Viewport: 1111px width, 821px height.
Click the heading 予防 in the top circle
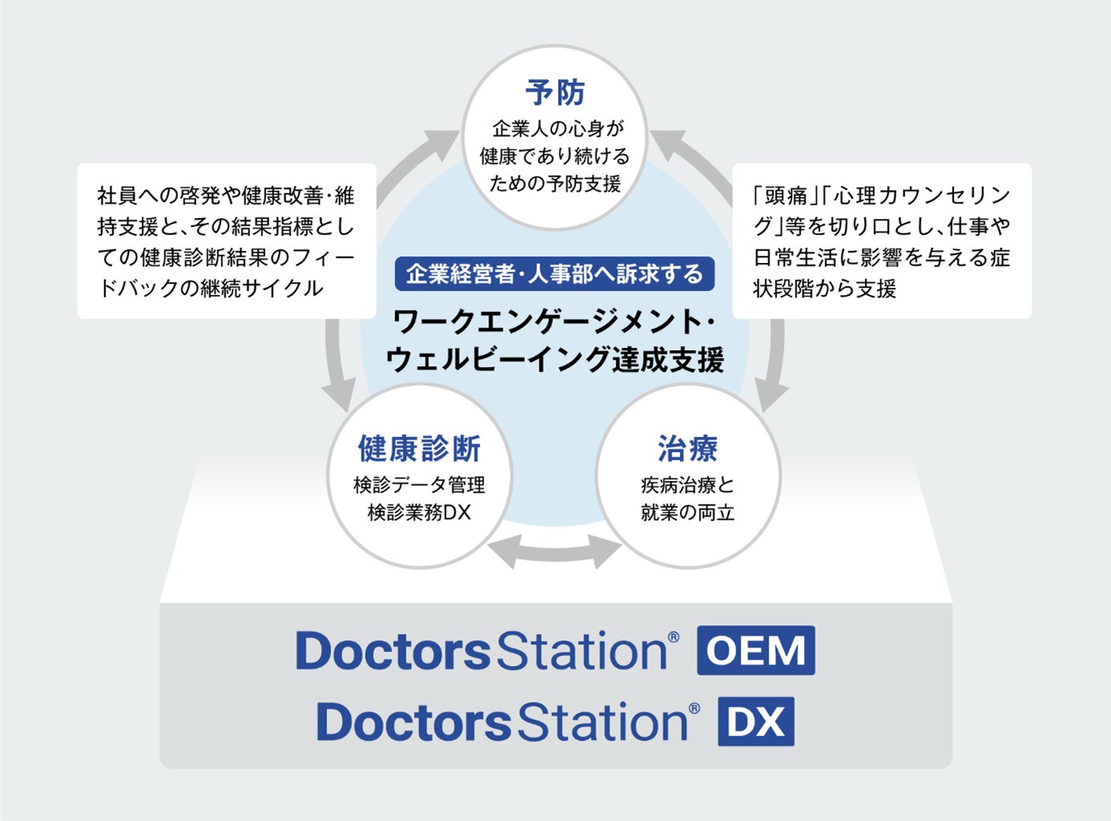555,93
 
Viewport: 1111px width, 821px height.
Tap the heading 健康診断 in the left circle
419,449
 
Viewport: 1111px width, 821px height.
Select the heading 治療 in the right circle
688,449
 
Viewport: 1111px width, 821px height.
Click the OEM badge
756,650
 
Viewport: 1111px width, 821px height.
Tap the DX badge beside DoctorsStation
756,722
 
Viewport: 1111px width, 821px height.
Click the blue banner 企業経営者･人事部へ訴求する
555,274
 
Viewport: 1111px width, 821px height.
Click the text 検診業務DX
419,512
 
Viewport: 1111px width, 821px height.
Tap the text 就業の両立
688,512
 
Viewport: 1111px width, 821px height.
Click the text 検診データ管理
419,484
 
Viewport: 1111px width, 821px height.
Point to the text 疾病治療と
688,484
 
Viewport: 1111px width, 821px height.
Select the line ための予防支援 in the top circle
555,184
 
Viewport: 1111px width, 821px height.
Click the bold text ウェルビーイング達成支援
555,359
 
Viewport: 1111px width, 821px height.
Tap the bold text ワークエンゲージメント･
555,322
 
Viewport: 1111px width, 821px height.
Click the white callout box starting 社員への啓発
226,241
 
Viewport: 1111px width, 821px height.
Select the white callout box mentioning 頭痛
882,241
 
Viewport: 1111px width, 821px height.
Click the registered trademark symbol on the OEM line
673,637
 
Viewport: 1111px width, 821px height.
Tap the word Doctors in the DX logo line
414,722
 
